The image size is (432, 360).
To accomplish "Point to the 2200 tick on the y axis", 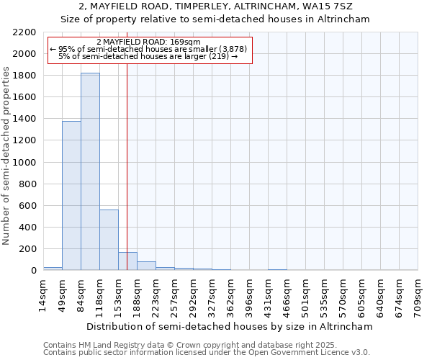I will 26,32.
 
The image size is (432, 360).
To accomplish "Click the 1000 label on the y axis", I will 26,163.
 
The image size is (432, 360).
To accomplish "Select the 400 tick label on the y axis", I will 29,228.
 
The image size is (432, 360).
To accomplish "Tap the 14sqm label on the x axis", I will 44,297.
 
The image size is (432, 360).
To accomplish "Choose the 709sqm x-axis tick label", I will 418,297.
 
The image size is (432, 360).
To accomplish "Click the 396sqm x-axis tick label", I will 250,297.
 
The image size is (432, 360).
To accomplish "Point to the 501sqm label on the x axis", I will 306,297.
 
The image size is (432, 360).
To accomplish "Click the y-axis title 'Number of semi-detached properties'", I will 7,156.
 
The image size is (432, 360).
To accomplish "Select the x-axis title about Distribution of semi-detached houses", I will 230,326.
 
